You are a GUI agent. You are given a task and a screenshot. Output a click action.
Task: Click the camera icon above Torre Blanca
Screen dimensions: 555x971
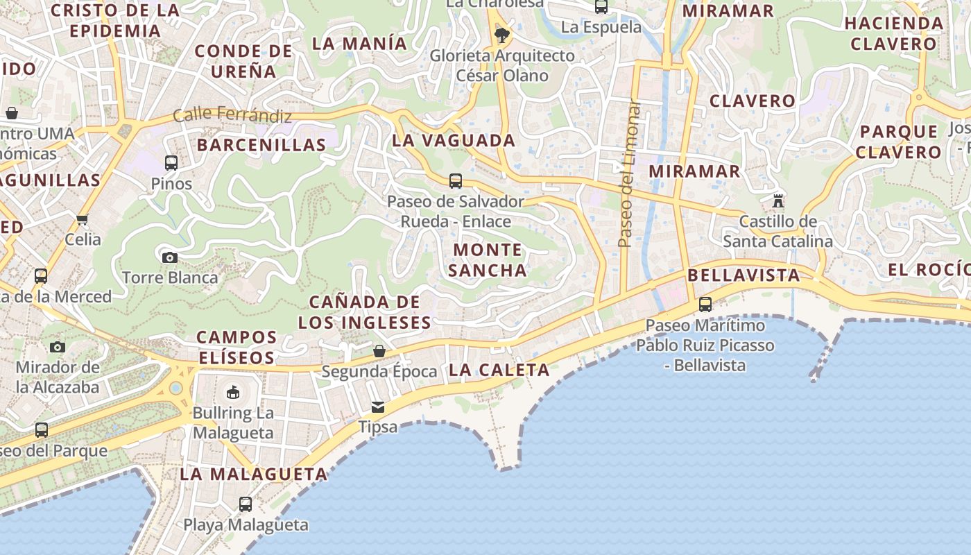point(170,257)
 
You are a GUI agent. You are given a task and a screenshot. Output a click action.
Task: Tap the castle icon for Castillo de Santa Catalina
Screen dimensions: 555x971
point(778,201)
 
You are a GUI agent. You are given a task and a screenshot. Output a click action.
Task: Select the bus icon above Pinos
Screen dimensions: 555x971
point(171,163)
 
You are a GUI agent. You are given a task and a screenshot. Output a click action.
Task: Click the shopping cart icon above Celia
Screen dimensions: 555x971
point(83,220)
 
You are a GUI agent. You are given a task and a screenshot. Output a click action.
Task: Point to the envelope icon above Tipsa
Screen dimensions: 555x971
point(378,407)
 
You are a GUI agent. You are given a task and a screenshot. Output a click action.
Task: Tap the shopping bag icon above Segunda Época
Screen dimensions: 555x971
point(379,351)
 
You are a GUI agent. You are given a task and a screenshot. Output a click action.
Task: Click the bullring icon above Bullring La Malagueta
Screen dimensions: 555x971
point(233,393)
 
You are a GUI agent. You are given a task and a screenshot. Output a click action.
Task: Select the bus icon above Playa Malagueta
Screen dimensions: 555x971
point(246,504)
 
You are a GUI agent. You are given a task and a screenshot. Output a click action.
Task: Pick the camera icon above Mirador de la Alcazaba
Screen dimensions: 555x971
point(58,347)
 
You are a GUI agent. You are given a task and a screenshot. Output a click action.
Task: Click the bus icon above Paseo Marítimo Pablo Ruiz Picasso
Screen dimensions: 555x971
point(705,304)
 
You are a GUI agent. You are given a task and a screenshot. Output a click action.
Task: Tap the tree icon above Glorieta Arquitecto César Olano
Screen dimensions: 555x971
point(502,34)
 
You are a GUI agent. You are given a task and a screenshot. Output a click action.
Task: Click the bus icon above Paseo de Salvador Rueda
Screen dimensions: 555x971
point(456,181)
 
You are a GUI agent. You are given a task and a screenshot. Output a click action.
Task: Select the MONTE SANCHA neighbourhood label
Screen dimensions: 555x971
point(488,260)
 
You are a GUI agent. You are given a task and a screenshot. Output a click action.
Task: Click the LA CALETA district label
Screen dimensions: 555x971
point(499,370)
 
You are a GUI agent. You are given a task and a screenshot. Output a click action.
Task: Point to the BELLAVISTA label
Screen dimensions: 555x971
point(744,275)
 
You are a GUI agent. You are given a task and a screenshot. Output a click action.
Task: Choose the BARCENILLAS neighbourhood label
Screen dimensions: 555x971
point(261,145)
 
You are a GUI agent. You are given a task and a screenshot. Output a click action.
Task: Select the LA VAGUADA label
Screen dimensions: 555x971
point(454,140)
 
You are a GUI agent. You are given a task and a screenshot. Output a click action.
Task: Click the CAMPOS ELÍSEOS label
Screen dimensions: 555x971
point(237,348)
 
